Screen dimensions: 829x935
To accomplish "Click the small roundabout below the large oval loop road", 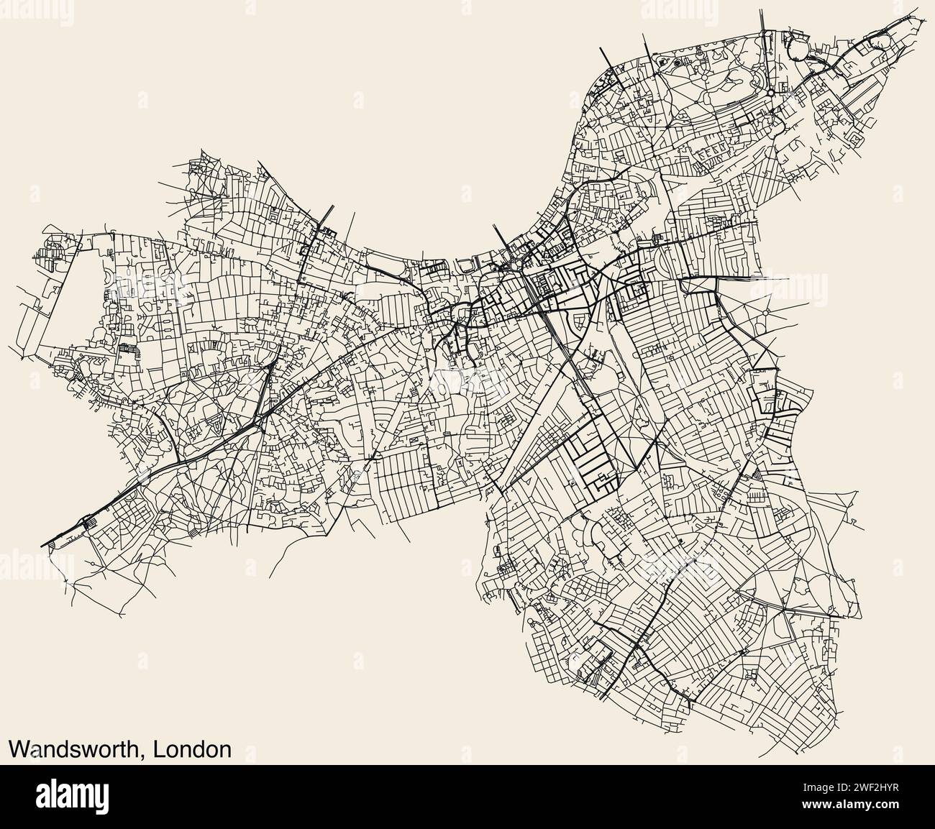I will (770, 93).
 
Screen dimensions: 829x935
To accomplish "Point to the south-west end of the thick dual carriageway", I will (45, 544).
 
